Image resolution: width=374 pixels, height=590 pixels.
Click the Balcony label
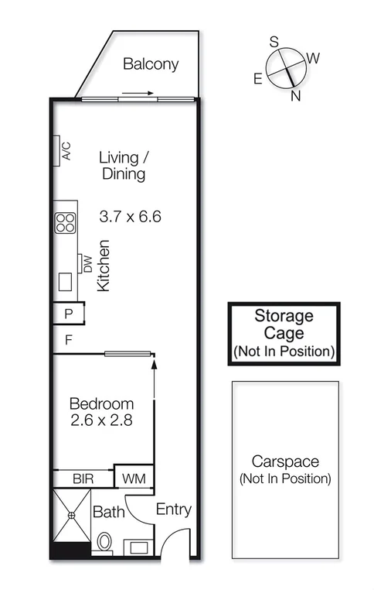pos(151,64)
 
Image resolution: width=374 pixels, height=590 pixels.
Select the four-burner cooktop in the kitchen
pos(65,223)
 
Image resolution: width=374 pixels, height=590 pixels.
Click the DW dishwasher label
pos(87,264)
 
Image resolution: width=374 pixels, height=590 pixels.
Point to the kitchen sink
pos(66,280)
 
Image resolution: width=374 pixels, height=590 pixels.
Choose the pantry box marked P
pos(68,314)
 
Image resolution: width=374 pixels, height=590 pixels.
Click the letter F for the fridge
pos(68,339)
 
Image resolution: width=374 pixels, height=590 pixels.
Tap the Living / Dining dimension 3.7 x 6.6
pos(130,217)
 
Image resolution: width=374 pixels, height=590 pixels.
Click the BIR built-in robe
pos(83,479)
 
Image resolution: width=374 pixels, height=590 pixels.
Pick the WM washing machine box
pos(134,479)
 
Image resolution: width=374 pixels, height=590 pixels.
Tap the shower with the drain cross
pos(71,516)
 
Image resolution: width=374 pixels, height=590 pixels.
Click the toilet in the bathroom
pos(104,544)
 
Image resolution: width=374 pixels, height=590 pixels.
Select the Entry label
pos(173,509)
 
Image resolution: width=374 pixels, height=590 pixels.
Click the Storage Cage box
pos(284,333)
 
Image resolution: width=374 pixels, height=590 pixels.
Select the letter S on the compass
pos(274,43)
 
